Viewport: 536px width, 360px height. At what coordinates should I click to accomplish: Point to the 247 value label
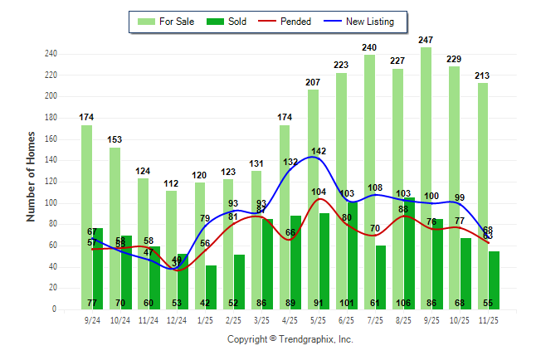[426, 40]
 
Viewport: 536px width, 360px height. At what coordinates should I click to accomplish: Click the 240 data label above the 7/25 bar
[369, 47]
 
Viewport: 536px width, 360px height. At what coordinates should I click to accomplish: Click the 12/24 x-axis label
[177, 319]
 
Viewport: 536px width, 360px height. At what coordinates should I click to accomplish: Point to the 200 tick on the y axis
[51, 96]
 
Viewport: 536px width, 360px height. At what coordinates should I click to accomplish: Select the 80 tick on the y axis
[52, 224]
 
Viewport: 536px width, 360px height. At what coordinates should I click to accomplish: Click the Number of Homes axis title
[31, 176]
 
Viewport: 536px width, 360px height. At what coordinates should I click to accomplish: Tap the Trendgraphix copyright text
[290, 339]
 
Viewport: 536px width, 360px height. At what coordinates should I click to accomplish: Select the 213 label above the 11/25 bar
[483, 75]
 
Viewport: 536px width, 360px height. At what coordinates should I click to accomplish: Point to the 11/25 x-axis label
[489, 319]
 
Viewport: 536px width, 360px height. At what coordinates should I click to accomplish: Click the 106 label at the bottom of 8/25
[408, 303]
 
